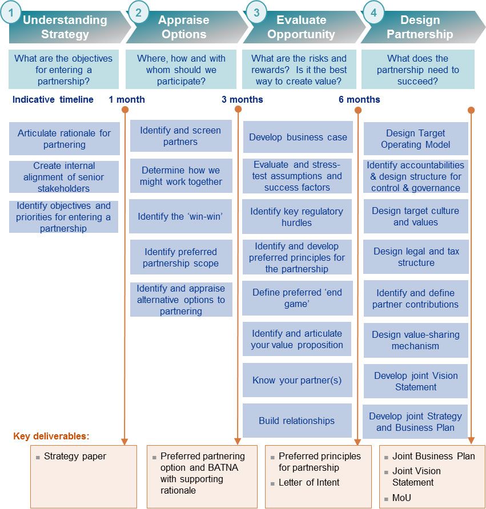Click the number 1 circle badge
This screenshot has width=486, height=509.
point(11,12)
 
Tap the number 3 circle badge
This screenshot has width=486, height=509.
point(256,12)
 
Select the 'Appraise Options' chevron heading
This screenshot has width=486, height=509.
point(183,27)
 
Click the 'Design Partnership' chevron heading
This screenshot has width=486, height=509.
point(420,27)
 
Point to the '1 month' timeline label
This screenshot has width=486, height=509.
point(127,99)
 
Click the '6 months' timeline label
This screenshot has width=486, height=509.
point(359,99)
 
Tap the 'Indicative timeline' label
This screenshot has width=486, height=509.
point(53,99)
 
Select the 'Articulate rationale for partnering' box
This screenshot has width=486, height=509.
point(64,139)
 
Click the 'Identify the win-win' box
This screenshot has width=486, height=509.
point(180,217)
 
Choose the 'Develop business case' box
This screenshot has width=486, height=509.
point(298,138)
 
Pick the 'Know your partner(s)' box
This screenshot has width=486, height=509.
point(297,380)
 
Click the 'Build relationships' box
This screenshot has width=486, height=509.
point(296,421)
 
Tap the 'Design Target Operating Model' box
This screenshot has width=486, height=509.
point(416,139)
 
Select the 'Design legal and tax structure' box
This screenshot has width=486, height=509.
point(416,257)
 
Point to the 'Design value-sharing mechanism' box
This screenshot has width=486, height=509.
point(416,340)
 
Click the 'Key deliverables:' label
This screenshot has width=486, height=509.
point(51,437)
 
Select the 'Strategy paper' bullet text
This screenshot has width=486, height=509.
point(75,457)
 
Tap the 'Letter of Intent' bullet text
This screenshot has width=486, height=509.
point(309,482)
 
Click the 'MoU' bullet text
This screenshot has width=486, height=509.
point(401,498)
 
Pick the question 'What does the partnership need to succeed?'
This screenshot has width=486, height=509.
point(418,70)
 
